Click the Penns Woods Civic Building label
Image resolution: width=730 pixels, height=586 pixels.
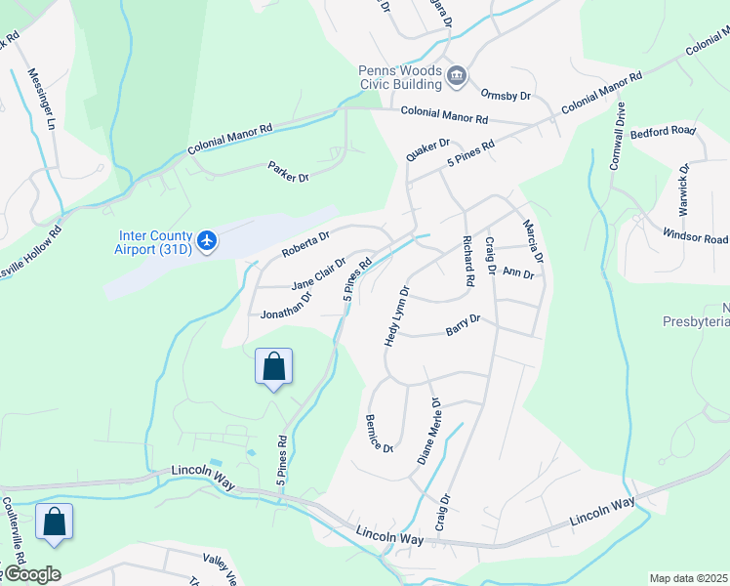(x=400, y=78)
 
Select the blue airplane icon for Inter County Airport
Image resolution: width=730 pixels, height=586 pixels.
(x=207, y=240)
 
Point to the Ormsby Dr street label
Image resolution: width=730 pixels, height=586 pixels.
(x=506, y=95)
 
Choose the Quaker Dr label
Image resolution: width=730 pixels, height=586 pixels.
(x=427, y=157)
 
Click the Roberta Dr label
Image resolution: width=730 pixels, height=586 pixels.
(x=306, y=242)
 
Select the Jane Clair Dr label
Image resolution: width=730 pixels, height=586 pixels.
(x=318, y=273)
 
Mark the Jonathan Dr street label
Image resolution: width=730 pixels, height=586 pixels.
(x=285, y=308)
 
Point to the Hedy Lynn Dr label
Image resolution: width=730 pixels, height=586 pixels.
(x=395, y=315)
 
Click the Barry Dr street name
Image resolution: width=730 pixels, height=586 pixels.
(x=463, y=323)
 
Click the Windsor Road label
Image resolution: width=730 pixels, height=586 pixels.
(x=696, y=237)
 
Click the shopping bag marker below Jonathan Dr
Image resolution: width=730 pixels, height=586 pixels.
(x=274, y=368)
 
